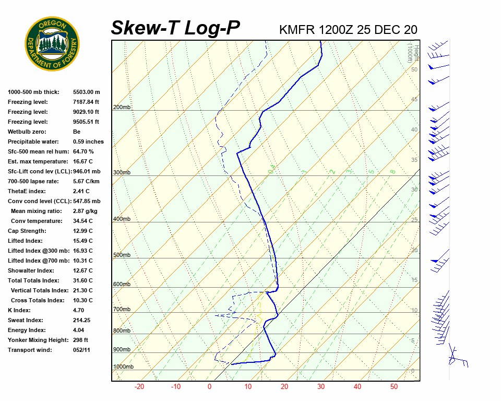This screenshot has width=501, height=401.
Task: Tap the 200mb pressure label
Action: click(122, 108)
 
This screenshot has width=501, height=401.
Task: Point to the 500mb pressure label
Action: click(122, 255)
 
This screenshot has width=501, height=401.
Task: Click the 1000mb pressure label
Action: click(123, 367)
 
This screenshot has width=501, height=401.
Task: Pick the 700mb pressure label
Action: click(122, 310)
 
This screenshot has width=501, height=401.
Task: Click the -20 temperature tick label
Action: click(139, 387)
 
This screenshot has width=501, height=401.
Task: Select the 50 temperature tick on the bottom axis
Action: click(393, 387)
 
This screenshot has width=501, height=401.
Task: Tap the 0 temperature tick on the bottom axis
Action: click(209, 387)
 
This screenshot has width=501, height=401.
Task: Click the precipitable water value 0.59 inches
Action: click(88, 141)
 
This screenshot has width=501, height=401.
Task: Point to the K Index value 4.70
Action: click(79, 310)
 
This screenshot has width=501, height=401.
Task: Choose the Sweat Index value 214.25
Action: click(82, 320)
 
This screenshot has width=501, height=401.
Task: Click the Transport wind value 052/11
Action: click(82, 350)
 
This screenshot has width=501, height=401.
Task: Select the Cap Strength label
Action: click(27, 231)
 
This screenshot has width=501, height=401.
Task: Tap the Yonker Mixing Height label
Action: click(35, 340)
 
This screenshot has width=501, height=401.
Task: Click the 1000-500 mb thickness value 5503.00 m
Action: click(86, 92)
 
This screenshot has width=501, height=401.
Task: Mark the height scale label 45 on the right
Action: click(414, 100)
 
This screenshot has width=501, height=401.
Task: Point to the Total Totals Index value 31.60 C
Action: click(82, 280)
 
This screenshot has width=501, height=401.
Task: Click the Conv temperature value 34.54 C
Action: click(82, 221)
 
